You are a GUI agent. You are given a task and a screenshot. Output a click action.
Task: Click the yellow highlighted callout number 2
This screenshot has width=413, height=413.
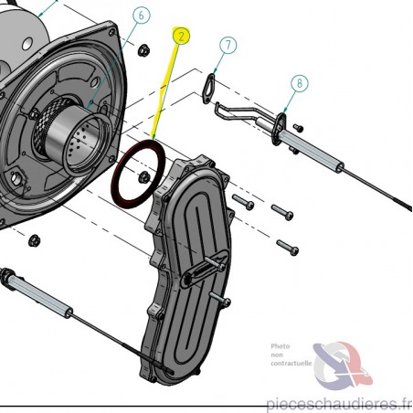pyautogui.click(x=181, y=36)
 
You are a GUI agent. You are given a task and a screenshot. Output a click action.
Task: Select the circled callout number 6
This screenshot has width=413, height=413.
pyautogui.click(x=141, y=16)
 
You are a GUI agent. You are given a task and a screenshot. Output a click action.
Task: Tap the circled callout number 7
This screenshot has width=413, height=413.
pyautogui.click(x=228, y=45)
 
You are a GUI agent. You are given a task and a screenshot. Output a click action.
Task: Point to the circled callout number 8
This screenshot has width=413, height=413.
pyautogui.click(x=300, y=83)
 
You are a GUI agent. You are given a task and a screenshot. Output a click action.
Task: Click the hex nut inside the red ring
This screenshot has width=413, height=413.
pyautogui.click(x=143, y=177)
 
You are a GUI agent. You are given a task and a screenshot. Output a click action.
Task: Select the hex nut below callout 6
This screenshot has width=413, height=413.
pyautogui.click(x=143, y=50)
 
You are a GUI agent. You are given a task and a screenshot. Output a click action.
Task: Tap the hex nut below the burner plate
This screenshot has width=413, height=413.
pyautogui.click(x=34, y=241)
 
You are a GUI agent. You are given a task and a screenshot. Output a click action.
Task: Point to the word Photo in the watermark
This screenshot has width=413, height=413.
pyautogui.click(x=281, y=346)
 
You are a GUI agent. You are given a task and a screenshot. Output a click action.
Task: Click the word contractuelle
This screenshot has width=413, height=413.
pyautogui.click(x=291, y=364)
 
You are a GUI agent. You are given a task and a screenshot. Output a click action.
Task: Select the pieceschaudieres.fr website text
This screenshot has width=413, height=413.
pyautogui.click(x=339, y=404)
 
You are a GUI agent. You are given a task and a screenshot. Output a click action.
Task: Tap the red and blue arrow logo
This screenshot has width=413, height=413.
pyautogui.click(x=343, y=365)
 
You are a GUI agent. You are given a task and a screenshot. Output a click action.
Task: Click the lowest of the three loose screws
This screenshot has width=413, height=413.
pyautogui.click(x=288, y=248)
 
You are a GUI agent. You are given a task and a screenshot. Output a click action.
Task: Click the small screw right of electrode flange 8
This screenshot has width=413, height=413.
pyautogui.click(x=298, y=128)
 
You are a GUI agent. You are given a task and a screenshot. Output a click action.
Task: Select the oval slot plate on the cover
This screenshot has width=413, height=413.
pyautogui.click(x=205, y=268)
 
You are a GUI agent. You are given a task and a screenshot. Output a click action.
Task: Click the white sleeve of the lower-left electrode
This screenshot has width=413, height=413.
pyautogui.click(x=38, y=294)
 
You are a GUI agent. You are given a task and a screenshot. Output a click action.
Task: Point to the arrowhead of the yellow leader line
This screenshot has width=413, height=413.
pyautogui.click(x=154, y=137)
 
